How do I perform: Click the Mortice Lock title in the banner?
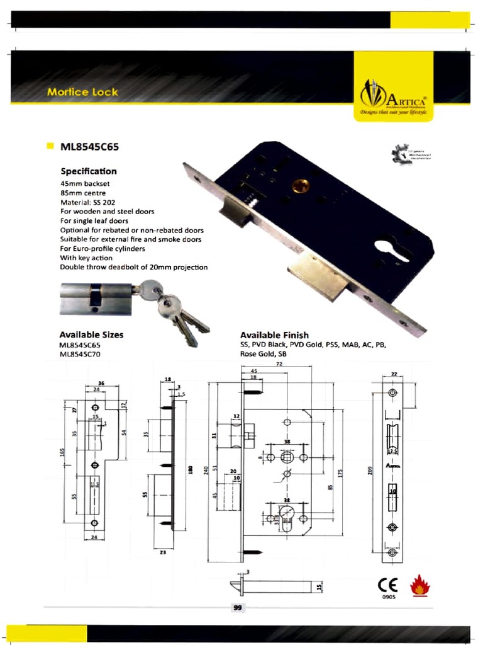click(x=82, y=92)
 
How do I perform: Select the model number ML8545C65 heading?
click(x=89, y=147)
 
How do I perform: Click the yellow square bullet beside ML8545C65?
click(x=50, y=146)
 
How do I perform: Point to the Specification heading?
click(x=88, y=171)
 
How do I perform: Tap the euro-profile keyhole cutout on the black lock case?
click(x=392, y=249)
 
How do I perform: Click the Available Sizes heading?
click(x=91, y=334)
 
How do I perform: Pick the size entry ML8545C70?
click(x=80, y=354)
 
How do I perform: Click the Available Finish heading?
click(x=274, y=335)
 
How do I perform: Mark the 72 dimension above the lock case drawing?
click(x=279, y=365)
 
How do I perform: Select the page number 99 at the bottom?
click(x=238, y=608)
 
